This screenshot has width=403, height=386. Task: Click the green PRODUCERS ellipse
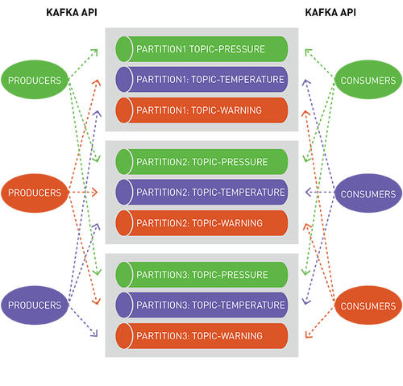point(35,80)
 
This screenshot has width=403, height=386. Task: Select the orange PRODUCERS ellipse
point(35,193)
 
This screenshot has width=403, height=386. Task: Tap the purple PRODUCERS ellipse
point(35,305)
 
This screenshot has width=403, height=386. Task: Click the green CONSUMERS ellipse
point(368,80)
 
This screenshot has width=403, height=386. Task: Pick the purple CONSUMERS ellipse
point(368,193)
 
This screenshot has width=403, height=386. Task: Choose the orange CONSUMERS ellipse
point(368,305)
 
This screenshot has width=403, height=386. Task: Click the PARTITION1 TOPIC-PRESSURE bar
point(201,49)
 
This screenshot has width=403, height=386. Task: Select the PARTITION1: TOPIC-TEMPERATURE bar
point(201,80)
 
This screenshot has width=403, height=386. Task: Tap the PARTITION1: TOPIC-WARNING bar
point(201,110)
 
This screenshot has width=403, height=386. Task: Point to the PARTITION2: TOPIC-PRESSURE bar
point(201,162)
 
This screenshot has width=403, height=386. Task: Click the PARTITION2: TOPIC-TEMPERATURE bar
point(201,193)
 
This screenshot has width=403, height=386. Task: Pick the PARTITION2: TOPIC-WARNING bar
point(201,223)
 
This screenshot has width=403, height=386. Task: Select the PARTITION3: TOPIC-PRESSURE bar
point(201,275)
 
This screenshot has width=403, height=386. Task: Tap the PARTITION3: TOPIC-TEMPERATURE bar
point(201,305)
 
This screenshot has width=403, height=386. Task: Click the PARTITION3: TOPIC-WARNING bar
point(201,336)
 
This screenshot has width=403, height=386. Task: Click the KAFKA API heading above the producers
point(72,13)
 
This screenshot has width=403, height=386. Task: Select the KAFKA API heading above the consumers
point(330,13)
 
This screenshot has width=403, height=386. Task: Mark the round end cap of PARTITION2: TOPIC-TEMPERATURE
point(124,193)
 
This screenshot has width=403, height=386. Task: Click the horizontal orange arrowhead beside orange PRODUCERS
point(94,193)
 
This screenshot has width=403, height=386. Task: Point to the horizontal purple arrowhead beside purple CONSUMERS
point(309,192)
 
